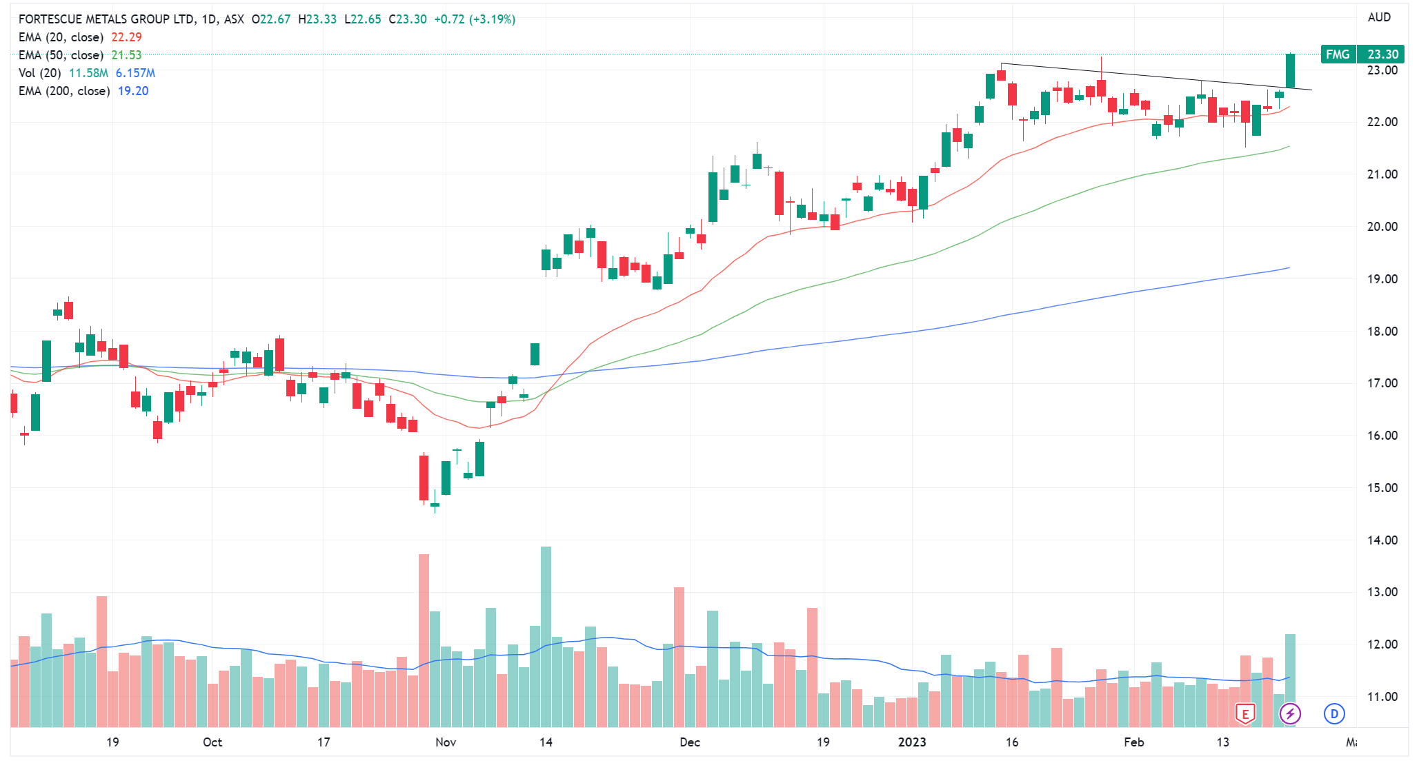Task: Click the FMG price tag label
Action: pyautogui.click(x=1338, y=54)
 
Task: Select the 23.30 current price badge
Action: pyautogui.click(x=1382, y=54)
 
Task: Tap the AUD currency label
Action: pyautogui.click(x=1379, y=17)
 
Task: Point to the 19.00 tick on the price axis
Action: pyautogui.click(x=1382, y=279)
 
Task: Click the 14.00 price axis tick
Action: pyautogui.click(x=1382, y=540)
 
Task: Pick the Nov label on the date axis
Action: pyautogui.click(x=446, y=742)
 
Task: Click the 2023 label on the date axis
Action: pyautogui.click(x=912, y=742)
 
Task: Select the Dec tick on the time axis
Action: pyautogui.click(x=689, y=742)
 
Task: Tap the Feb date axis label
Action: pyautogui.click(x=1133, y=742)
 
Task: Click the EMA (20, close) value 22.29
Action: pyautogui.click(x=126, y=37)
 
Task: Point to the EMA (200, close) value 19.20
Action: pyautogui.click(x=133, y=91)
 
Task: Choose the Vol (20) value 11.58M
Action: pyautogui.click(x=88, y=73)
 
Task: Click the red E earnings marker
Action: pyautogui.click(x=1245, y=714)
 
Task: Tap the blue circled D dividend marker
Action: pyautogui.click(x=1334, y=714)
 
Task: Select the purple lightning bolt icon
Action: pyautogui.click(x=1290, y=714)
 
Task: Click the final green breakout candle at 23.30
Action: pyautogui.click(x=1290, y=71)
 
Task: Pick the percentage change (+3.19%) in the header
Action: pyautogui.click(x=492, y=19)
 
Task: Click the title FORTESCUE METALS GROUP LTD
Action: pyautogui.click(x=106, y=19)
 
